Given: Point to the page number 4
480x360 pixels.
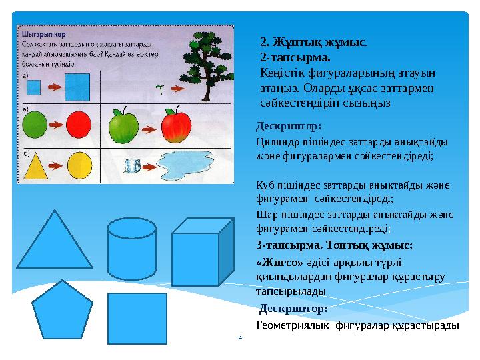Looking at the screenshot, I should point(240,339).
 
